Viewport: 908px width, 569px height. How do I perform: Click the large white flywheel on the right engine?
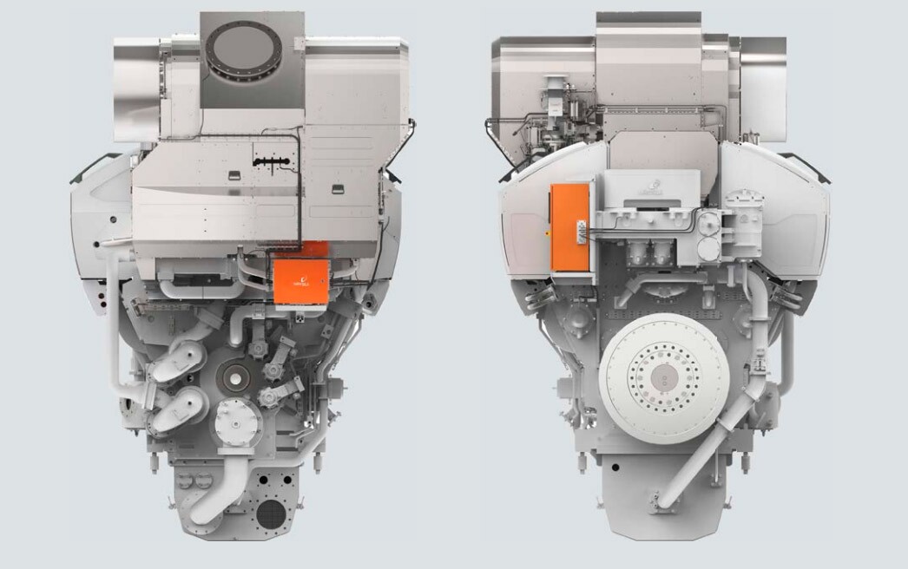[x=664, y=377]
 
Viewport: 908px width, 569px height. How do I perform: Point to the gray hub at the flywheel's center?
[x=664, y=377]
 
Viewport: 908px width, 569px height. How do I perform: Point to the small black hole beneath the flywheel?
[x=614, y=468]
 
